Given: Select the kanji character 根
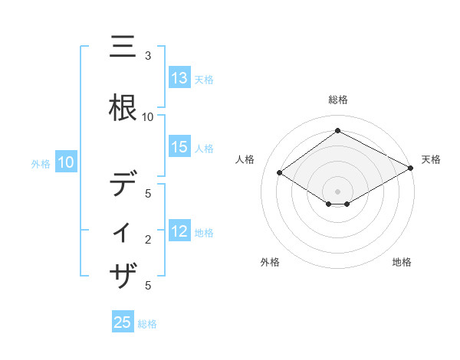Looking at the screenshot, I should click(x=124, y=106).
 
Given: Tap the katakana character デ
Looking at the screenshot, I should click(x=124, y=184).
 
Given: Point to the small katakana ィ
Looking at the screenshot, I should click(x=124, y=232).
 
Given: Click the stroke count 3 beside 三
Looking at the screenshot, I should click(x=148, y=56).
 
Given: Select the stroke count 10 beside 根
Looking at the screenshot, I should click(x=148, y=117).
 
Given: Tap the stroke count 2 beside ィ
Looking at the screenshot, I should click(x=148, y=240).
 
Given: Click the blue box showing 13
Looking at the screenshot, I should click(x=179, y=78).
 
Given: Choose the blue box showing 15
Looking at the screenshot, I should click(x=179, y=148).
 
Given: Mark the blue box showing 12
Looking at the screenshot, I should click(x=179, y=232).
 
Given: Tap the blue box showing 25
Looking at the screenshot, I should click(x=123, y=322).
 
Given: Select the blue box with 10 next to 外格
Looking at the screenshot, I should click(x=66, y=162).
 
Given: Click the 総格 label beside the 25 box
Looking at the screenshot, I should click(x=147, y=324).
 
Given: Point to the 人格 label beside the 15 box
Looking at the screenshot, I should click(x=204, y=149).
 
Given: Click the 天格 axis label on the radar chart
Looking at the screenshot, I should click(x=431, y=159).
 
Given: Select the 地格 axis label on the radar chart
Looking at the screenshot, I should click(x=402, y=262).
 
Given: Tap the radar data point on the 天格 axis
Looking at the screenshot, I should click(x=411, y=168).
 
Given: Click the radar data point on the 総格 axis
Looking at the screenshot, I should click(x=337, y=131).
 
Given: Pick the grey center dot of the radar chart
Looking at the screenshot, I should click(x=337, y=191).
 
